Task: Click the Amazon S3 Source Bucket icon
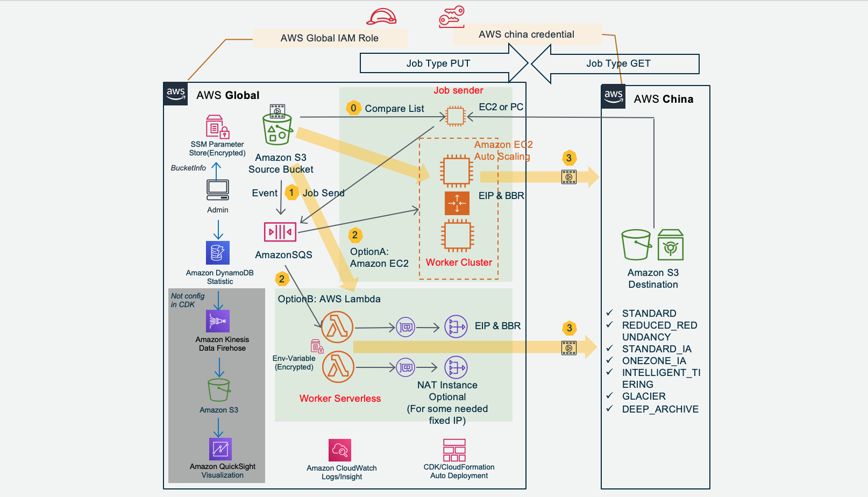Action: coord(277,126)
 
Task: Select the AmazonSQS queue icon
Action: coord(280,232)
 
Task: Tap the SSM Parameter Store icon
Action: coord(217,127)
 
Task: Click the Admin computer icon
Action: coord(218,189)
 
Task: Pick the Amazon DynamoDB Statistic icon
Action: coord(218,253)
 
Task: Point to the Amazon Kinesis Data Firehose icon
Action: coord(218,321)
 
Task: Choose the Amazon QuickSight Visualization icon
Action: coord(220,449)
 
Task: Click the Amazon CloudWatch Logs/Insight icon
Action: coord(340,450)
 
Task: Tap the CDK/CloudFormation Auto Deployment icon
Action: coord(454,450)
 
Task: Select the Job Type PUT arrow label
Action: coord(438,63)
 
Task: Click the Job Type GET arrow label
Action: coord(618,63)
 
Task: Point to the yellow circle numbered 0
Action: coord(353,108)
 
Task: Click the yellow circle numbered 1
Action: coord(291,193)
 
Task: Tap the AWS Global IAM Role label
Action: coord(329,38)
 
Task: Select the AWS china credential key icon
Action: coord(451,17)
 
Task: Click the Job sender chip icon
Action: coord(456,116)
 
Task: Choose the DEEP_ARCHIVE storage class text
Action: coord(660,409)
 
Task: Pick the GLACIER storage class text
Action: coord(644,396)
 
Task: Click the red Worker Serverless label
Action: coord(340,399)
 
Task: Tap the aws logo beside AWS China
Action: coord(614,97)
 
